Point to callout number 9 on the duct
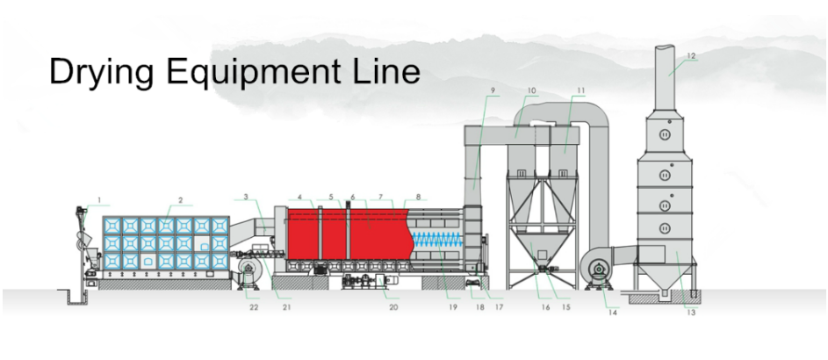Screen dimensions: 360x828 (x=493, y=90)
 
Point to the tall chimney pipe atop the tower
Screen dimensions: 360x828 (x=672, y=70)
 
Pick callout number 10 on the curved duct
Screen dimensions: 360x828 (x=532, y=90)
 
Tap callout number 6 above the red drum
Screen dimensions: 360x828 (x=352, y=196)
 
